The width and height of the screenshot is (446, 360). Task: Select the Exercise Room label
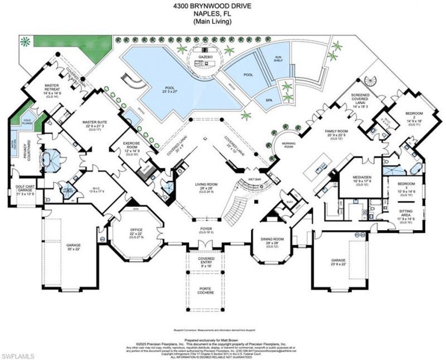[x=137, y=147]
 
